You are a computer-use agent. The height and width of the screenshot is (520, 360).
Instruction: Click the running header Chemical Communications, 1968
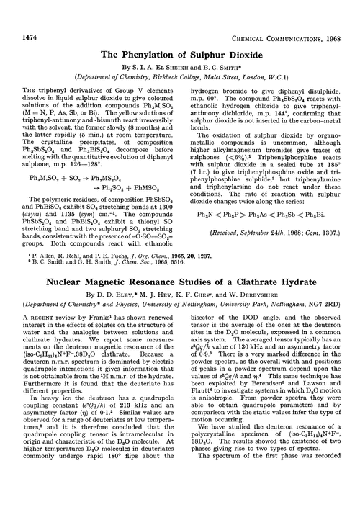tap(292, 12)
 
